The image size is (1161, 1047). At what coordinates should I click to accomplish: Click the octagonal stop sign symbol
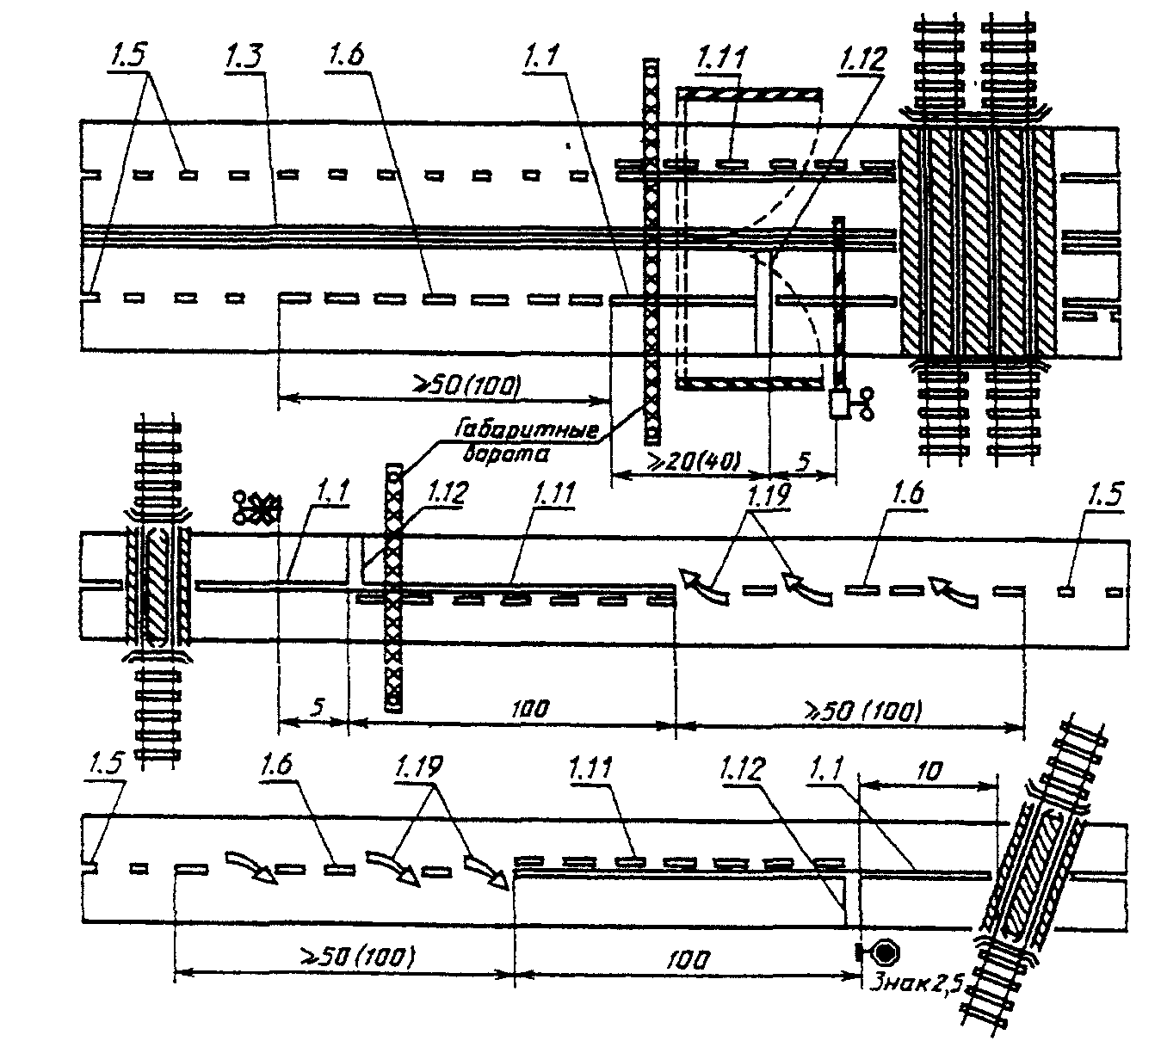click(884, 952)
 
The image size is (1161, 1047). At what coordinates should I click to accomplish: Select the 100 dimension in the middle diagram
click(530, 710)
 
